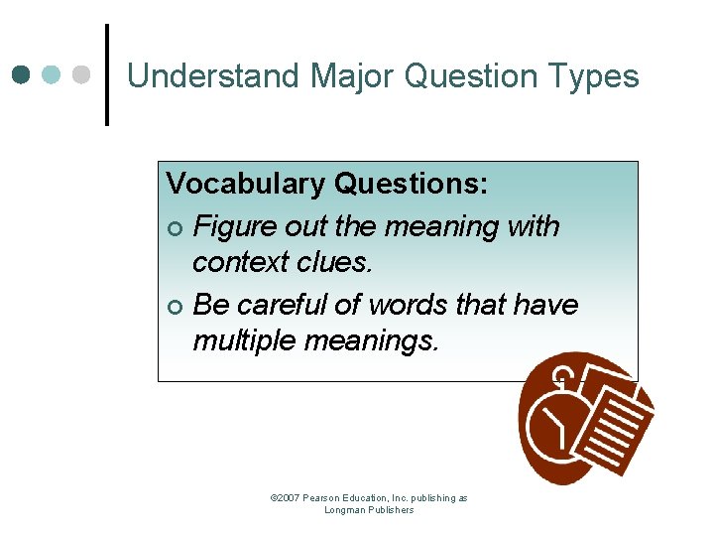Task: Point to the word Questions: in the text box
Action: [410, 184]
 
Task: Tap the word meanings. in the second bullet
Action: [372, 340]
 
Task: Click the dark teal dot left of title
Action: [22, 75]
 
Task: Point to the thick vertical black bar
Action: [106, 75]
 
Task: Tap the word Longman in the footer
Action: [345, 510]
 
